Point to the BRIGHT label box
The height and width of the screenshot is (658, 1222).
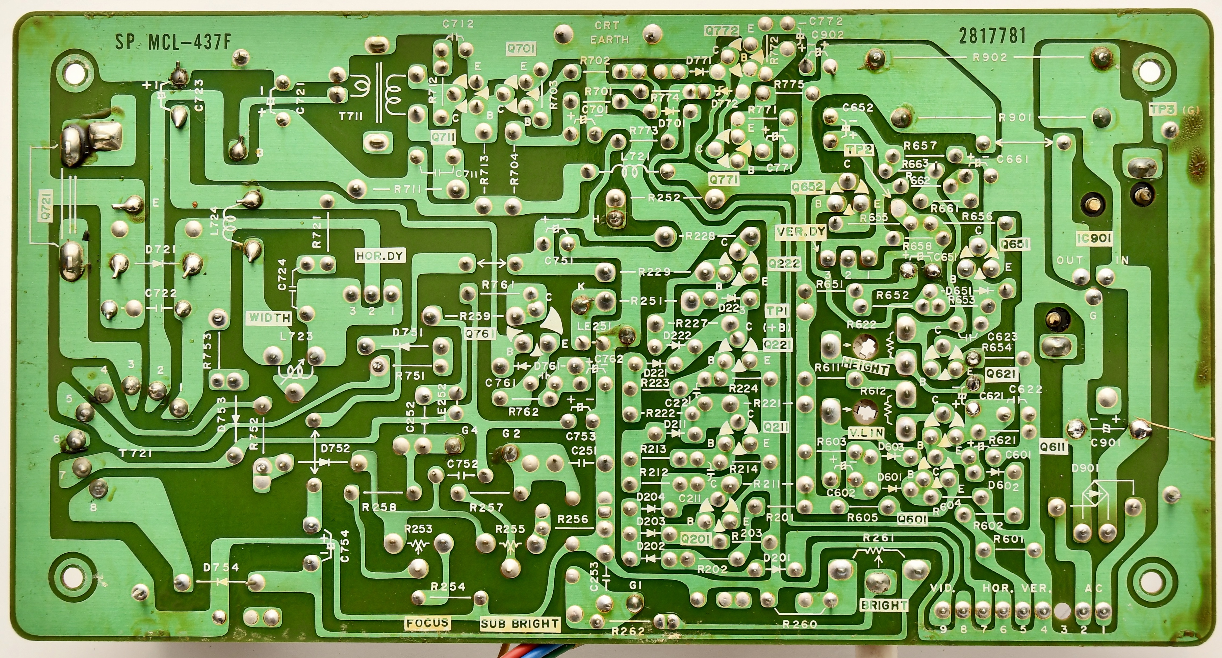coord(884,605)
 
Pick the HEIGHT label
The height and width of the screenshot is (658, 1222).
coord(865,367)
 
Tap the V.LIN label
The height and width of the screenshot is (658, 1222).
coord(866,432)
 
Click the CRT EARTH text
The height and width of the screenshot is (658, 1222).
coord(609,33)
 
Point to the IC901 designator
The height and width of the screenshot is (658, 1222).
coord(1094,238)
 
